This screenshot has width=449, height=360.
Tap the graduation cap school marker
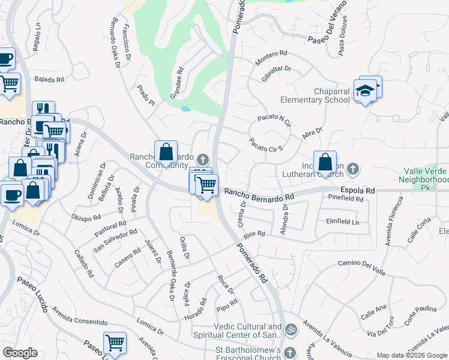[364, 91]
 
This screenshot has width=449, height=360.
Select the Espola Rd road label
[358, 190]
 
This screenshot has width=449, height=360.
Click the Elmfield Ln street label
[342, 221]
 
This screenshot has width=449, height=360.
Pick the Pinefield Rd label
[346, 199]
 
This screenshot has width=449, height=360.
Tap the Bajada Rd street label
[49, 79]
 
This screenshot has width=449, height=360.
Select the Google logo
[20, 353]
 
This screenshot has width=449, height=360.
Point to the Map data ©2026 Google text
[412, 355]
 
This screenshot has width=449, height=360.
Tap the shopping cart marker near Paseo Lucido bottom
[115, 343]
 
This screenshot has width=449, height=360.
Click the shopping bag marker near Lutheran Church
[325, 162]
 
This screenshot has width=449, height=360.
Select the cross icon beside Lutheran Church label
[354, 169]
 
